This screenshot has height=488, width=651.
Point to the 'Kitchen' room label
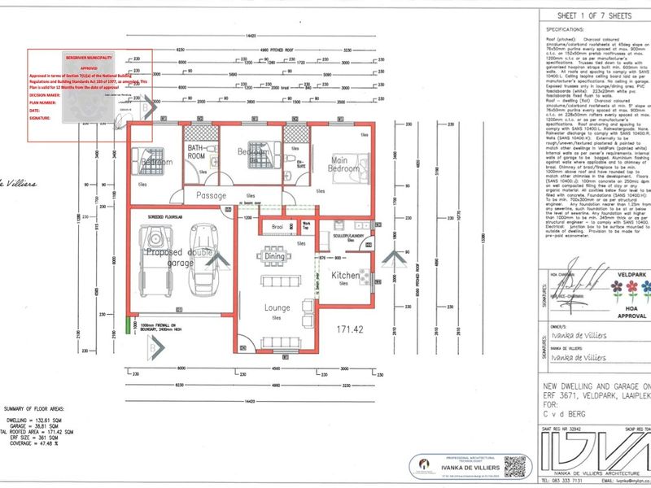point(345,276)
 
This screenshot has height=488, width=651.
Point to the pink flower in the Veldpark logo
point(617,289)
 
